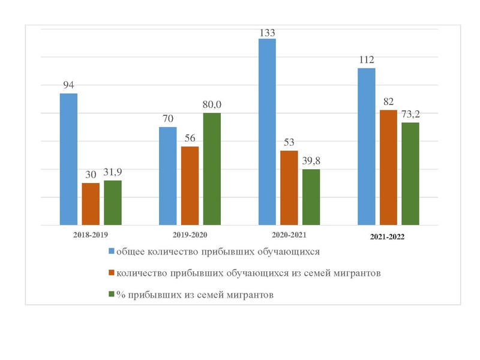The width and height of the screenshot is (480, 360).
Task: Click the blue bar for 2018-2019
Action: click(68, 159)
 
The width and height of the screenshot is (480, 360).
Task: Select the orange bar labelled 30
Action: click(91, 204)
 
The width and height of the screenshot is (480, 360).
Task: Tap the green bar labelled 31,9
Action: click(113, 203)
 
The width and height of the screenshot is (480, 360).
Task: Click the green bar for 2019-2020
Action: click(212, 169)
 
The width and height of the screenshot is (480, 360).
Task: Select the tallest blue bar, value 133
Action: click(267, 132)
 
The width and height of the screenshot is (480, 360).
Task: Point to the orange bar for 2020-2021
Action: click(289, 188)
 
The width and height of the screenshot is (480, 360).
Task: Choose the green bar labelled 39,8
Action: click(311, 197)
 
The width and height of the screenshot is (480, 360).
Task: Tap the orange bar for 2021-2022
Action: click(388, 167)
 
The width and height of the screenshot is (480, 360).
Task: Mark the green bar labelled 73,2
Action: click(410, 174)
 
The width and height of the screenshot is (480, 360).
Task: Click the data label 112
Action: click(366, 59)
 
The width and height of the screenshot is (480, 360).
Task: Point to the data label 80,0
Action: click(211, 105)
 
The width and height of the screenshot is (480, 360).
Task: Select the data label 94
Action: click(68, 85)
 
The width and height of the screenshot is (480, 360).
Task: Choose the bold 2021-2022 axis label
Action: click(388, 237)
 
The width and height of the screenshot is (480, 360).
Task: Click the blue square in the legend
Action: click(112, 251)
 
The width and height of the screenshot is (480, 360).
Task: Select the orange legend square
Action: click(112, 273)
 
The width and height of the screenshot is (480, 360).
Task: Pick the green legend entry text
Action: click(195, 295)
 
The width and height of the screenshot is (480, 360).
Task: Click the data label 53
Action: click(289, 142)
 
